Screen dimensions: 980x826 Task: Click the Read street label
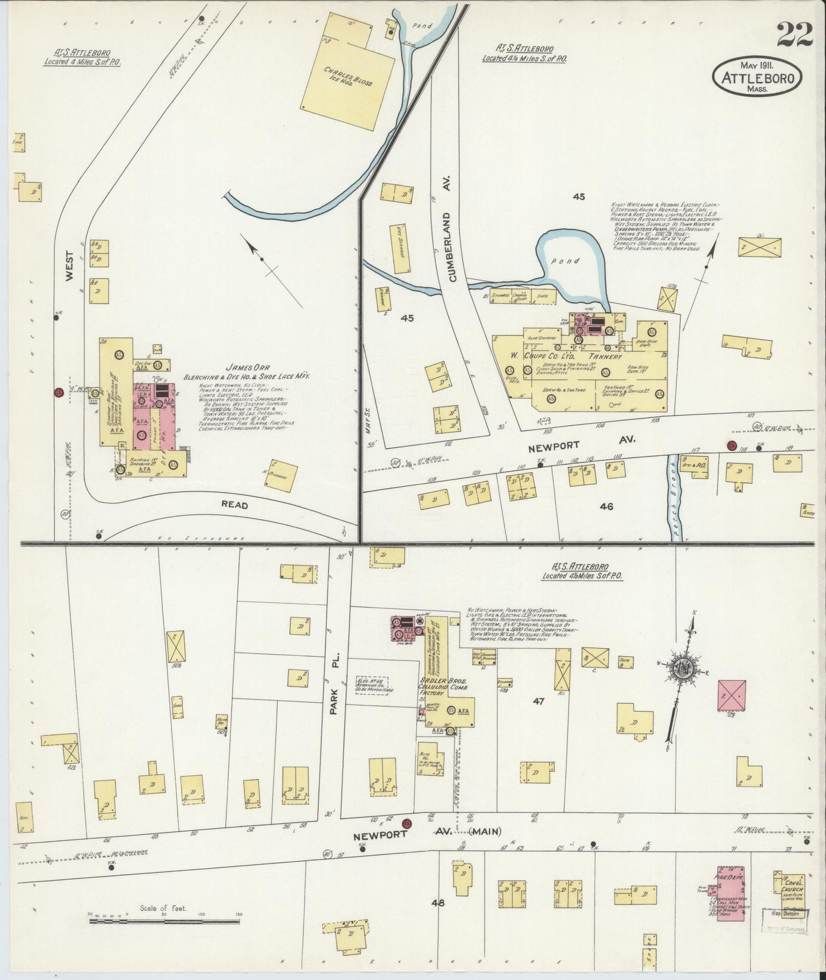(x=235, y=505)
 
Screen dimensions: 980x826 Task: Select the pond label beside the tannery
(x=569, y=261)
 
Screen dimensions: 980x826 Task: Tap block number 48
(x=438, y=904)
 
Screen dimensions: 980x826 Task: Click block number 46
(x=606, y=505)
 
